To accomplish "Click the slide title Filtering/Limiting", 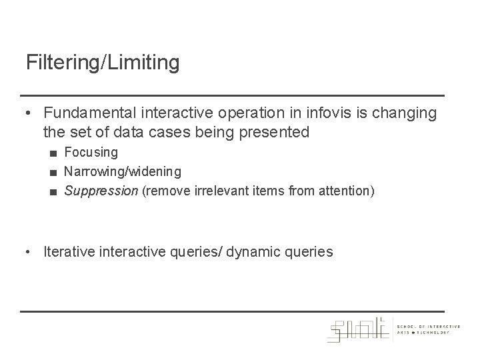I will tap(103, 63).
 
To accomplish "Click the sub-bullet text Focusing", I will tap(91, 153).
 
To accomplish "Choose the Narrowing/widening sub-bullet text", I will tap(122, 172).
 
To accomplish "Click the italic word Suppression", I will tap(100, 191).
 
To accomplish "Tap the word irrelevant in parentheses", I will tap(221, 191).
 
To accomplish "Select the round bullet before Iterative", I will tap(31, 253).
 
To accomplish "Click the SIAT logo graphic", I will tap(359, 329).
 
